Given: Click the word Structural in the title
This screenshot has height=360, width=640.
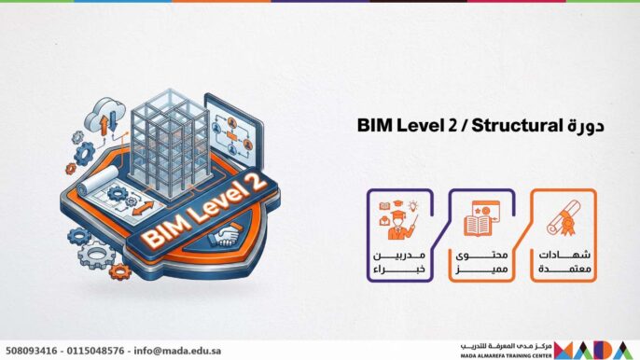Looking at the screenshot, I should (x=516, y=124).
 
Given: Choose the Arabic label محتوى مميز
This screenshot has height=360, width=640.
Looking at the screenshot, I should (x=481, y=262).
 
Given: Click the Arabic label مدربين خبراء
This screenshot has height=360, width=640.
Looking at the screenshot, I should (x=402, y=262).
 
